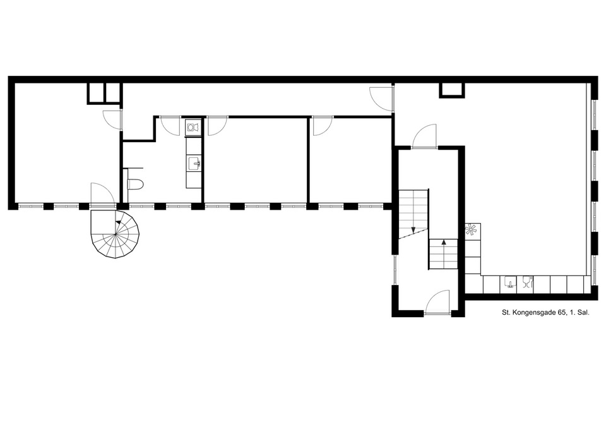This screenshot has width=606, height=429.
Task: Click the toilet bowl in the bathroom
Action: [135, 184]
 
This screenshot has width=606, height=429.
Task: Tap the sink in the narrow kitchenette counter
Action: [194, 164]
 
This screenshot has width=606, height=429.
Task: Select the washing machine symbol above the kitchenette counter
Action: [193, 126]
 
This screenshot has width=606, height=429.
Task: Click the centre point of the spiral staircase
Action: [115, 234]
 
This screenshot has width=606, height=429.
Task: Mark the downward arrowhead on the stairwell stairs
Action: [413, 230]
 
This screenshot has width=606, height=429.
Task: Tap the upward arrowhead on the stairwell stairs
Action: [444, 243]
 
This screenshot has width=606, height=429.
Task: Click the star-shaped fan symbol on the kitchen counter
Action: [471, 231]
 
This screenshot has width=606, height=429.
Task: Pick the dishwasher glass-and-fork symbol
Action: [528, 282]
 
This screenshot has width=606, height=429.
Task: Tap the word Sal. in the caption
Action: [583, 313]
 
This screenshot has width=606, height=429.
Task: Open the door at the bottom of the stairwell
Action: [437, 303]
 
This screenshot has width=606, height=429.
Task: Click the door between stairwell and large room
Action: [424, 136]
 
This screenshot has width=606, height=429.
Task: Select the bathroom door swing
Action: [170, 125]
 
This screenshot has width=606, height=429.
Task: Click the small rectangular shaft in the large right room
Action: [452, 90]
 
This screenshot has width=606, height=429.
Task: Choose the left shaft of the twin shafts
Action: [96, 94]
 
